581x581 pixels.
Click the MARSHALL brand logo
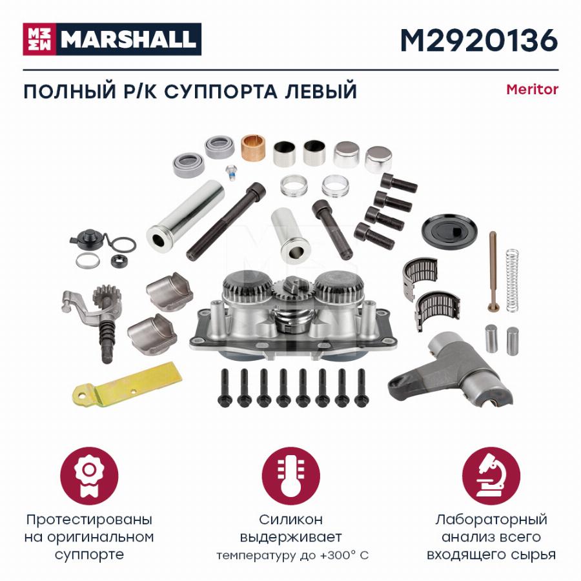coord(112,39)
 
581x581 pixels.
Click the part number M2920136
coord(479,40)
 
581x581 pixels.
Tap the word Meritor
coord(532,89)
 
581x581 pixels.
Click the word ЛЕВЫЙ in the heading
coord(321,91)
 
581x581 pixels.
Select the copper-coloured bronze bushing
coord(252,147)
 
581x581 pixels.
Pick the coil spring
coord(512,280)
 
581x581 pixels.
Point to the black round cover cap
coord(449,231)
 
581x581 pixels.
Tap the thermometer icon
coord(290,476)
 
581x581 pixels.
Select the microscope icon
coord(491,476)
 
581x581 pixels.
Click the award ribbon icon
coord(89,476)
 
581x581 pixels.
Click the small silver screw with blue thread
coord(231,172)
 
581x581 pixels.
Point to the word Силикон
coord(290,520)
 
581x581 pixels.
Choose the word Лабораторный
coord(491,520)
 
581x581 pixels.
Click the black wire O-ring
coord(123,245)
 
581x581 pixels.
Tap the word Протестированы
coord(89,520)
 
